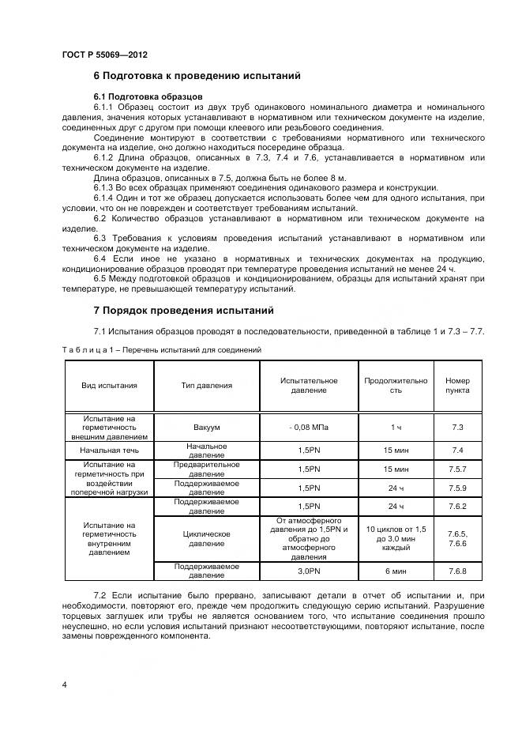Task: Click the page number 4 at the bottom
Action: pyautogui.click(x=64, y=684)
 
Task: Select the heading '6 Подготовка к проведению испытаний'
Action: pyautogui.click(x=197, y=77)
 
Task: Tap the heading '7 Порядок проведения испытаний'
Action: pyautogui.click(x=183, y=310)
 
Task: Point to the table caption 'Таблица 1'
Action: pyautogui.click(x=161, y=349)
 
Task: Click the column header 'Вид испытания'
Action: pyautogui.click(x=109, y=386)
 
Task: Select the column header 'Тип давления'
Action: pyautogui.click(x=206, y=386)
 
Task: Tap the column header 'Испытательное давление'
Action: pyautogui.click(x=308, y=386)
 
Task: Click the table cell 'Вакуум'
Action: pyautogui.click(x=206, y=427)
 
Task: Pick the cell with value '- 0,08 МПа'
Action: pyautogui.click(x=308, y=427)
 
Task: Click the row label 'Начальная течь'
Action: pyautogui.click(x=109, y=450)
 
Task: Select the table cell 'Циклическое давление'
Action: pyautogui.click(x=206, y=539)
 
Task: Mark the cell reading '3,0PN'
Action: pyautogui.click(x=308, y=571)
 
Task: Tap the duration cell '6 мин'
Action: pyautogui.click(x=396, y=571)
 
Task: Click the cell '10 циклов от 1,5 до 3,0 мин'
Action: pyautogui.click(x=396, y=538)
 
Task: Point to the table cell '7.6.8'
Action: pyautogui.click(x=456, y=571)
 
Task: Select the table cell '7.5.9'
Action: pyautogui.click(x=456, y=488)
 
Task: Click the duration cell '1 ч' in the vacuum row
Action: pyautogui.click(x=396, y=427)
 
